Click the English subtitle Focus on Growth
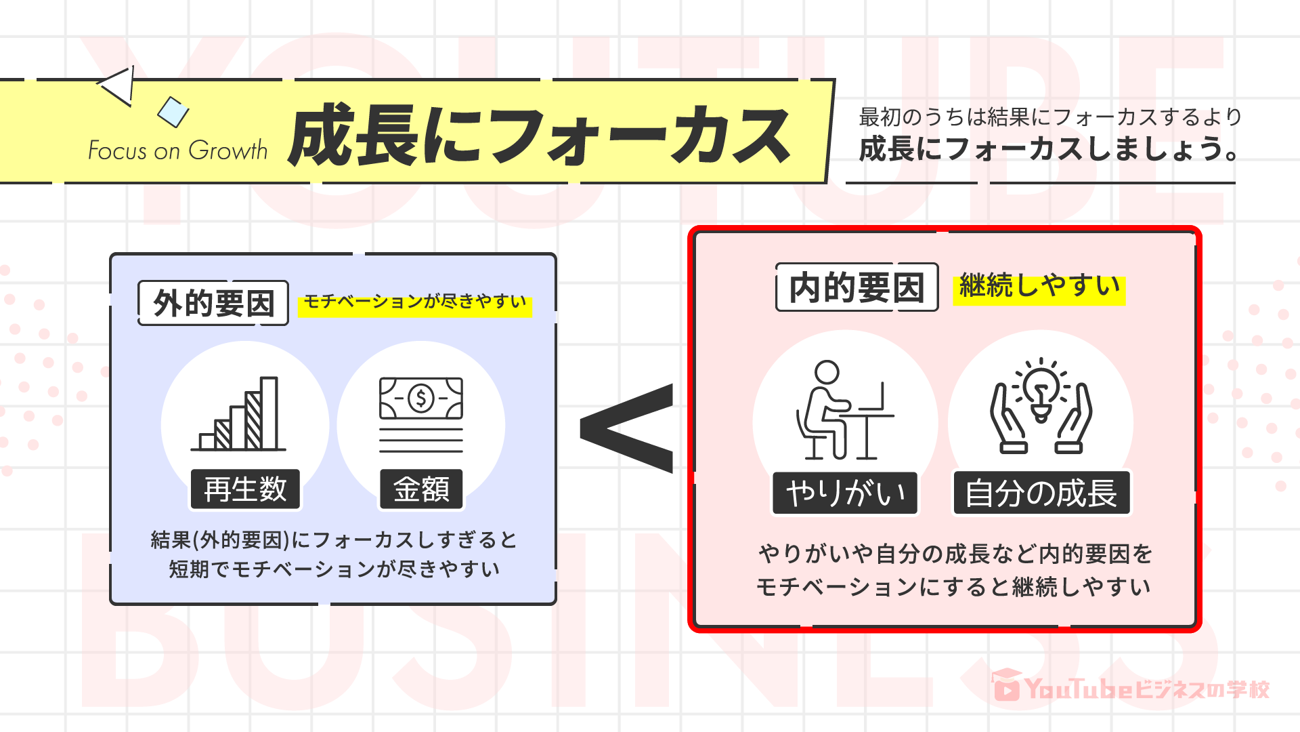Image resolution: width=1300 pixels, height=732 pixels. coord(178,150)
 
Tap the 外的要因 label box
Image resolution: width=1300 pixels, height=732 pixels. coord(213,303)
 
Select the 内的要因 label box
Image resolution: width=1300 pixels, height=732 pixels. coord(857,287)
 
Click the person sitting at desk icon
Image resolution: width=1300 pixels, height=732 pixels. coord(842,410)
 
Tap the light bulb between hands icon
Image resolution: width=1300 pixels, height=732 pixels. coord(1041,407)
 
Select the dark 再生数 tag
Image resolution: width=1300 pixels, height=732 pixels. coord(245,489)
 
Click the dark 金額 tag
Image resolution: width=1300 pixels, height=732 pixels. coord(421,489)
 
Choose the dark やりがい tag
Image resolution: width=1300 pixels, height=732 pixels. coord(845,493)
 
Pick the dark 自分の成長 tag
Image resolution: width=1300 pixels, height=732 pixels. coord(1041,493)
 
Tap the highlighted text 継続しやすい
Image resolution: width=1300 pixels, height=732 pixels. coord(1039,287)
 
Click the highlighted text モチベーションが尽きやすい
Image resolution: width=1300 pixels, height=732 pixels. coord(415,302)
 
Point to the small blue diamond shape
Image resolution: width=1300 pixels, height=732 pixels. coord(173,112)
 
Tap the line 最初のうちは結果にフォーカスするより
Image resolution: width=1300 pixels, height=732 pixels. coord(1050,117)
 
